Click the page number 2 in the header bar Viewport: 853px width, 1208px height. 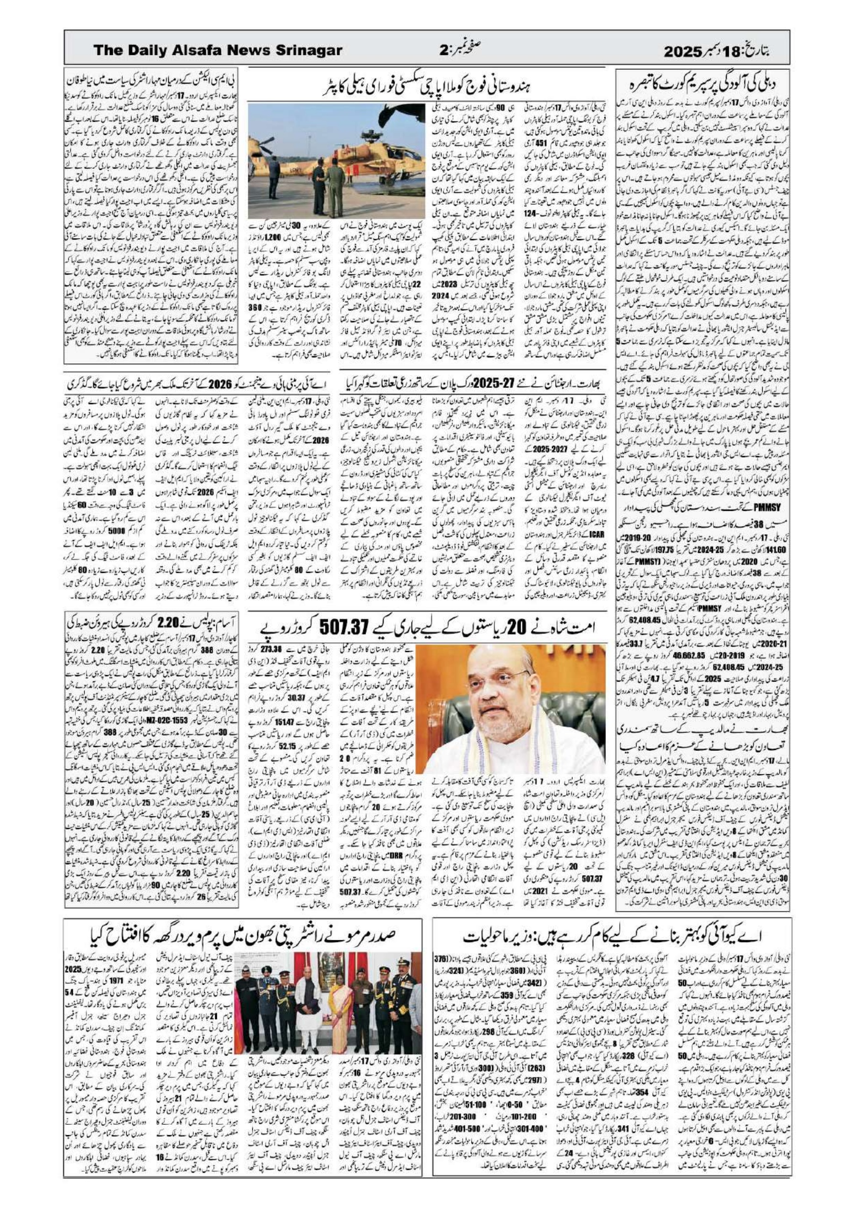[x=443, y=51]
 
